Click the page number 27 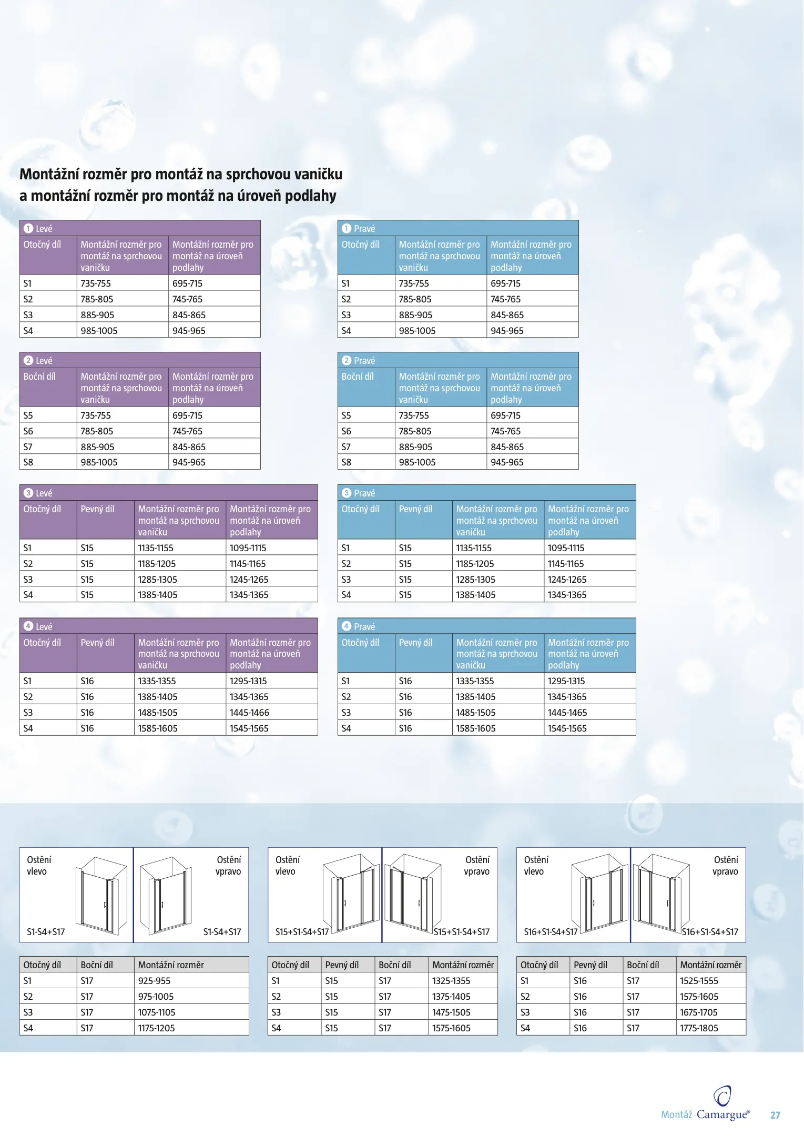pos(775,1115)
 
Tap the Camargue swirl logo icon pos(722,1096)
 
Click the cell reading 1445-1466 pos(249,713)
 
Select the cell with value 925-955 pos(154,981)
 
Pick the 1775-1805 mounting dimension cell pos(699,1028)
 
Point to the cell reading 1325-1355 pos(451,981)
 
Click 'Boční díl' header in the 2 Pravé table pos(358,377)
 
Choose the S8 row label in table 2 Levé pos(28,462)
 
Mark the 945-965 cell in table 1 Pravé pos(507,331)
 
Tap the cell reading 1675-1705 pos(698,1012)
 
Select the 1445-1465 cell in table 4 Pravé pos(567,713)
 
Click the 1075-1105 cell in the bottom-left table pos(156,1012)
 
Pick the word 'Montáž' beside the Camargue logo pos(676,1115)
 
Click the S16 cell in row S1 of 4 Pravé pos(405,681)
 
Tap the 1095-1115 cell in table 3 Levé pos(248,548)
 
